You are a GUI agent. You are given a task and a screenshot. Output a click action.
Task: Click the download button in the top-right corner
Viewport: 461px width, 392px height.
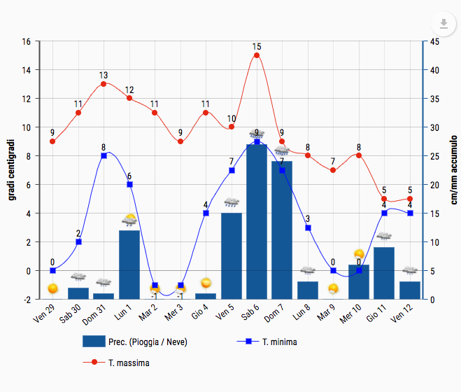coord(444,24)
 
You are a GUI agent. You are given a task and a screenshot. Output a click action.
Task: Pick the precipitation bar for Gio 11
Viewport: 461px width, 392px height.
coord(384,273)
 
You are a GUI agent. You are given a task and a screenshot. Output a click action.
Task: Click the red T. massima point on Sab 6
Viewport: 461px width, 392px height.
coord(257,55)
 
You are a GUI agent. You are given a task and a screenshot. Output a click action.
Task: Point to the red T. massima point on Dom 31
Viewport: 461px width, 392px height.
coord(104,84)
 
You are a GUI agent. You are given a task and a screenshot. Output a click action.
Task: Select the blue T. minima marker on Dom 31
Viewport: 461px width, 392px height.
coord(104,155)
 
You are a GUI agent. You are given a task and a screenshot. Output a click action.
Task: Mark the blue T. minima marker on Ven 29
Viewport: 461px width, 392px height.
coord(52,270)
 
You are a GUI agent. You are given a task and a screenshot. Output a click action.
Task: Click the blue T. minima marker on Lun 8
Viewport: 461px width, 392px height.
coord(308,227)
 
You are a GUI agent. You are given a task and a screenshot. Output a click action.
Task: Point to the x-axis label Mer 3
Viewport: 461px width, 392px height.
coord(173,311)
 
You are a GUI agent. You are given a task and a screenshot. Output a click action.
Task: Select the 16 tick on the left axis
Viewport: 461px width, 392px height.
coord(26,41)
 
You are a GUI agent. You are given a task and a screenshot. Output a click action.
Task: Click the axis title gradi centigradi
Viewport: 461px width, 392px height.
coord(12,170)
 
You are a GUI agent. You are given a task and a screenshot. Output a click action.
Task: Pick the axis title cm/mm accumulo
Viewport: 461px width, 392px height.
coord(453,170)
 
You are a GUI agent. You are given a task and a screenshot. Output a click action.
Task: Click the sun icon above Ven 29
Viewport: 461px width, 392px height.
coord(52,288)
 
